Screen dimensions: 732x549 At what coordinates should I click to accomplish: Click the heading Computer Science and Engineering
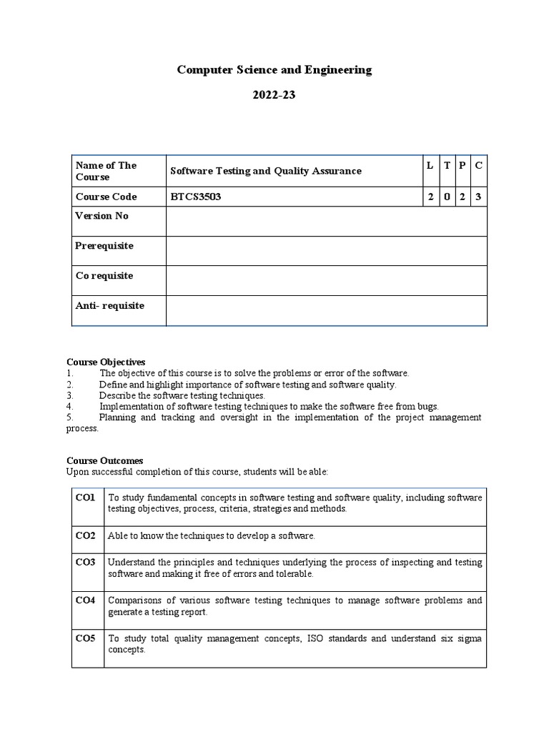[x=274, y=70]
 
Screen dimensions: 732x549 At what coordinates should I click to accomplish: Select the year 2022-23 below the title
[x=274, y=95]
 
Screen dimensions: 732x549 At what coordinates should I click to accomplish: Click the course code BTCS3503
[x=195, y=197]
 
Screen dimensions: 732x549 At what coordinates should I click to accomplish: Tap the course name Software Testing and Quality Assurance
[x=265, y=171]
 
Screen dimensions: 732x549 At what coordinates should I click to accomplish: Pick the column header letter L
[x=430, y=165]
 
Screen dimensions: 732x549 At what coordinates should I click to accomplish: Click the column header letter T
[x=447, y=165]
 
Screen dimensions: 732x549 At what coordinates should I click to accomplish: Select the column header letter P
[x=463, y=165]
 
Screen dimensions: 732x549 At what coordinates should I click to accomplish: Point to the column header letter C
[x=478, y=165]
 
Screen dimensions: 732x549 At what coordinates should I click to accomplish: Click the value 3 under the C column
[x=478, y=197]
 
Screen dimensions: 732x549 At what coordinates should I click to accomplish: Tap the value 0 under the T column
[x=447, y=197]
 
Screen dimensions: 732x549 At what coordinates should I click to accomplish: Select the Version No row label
[x=102, y=216]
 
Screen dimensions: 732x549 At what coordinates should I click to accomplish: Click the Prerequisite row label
[x=104, y=246]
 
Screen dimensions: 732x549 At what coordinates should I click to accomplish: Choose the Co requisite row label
[x=104, y=276]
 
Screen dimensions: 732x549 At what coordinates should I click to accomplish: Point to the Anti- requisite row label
[x=110, y=306]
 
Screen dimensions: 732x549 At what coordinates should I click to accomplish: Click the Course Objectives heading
[x=106, y=362]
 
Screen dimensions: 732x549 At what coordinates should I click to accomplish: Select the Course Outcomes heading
[x=105, y=461]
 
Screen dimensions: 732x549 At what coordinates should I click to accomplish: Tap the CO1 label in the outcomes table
[x=85, y=497]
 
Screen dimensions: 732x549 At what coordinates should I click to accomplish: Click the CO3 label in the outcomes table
[x=85, y=563]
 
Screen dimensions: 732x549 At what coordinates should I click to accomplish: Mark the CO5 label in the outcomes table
[x=85, y=638]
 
